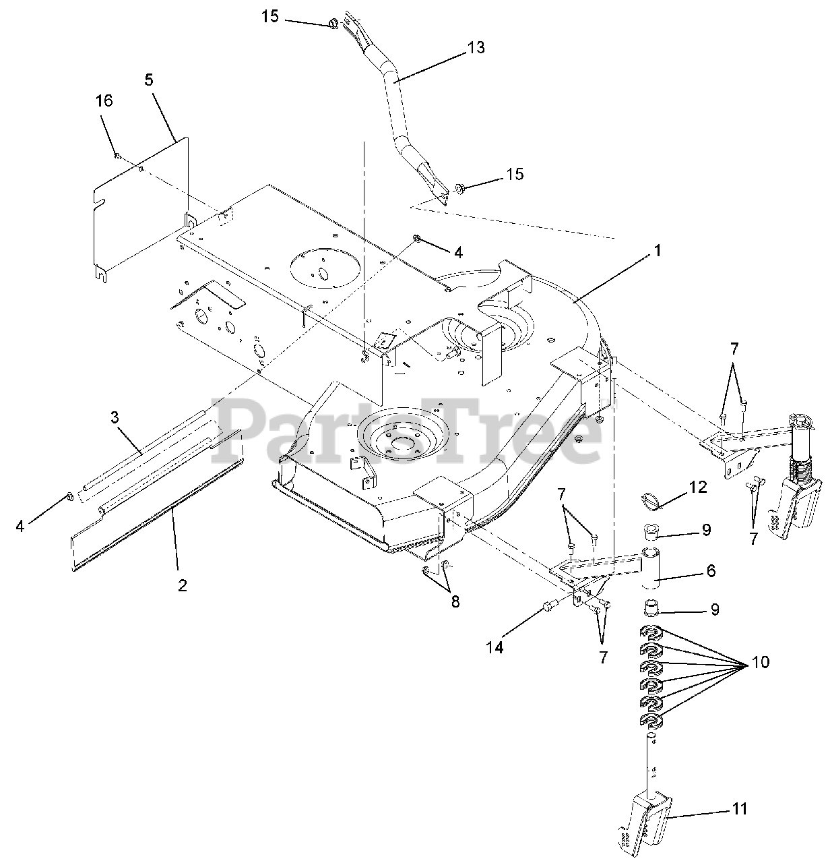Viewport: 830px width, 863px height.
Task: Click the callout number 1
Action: point(657,251)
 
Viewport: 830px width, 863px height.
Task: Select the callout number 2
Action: point(182,585)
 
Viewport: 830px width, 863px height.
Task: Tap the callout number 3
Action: point(115,417)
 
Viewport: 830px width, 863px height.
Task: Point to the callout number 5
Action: point(148,80)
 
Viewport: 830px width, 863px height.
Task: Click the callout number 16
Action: point(104,101)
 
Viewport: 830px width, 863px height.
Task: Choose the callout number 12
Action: point(698,487)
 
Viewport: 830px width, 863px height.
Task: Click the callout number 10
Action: point(759,662)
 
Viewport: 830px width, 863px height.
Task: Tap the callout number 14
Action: point(495,648)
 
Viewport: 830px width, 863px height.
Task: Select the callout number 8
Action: point(455,601)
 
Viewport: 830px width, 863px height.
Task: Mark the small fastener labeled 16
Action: point(117,156)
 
